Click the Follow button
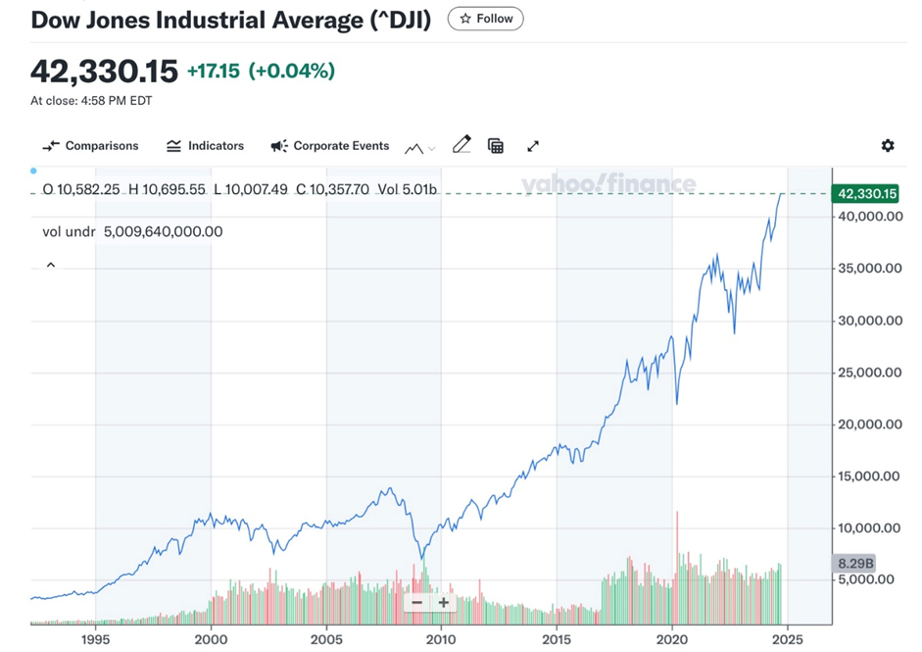(485, 19)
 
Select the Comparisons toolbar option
(91, 146)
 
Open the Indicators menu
(205, 146)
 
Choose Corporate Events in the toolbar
(330, 146)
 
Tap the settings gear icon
(888, 146)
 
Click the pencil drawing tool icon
(461, 145)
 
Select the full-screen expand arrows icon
(533, 146)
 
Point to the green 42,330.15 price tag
(865, 194)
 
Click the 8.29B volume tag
(853, 563)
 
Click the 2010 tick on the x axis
(441, 638)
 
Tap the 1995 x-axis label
(95, 638)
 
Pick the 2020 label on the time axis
(672, 638)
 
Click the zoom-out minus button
(417, 603)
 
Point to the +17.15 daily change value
(213, 72)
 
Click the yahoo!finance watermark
(608, 184)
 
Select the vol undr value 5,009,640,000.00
(163, 232)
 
